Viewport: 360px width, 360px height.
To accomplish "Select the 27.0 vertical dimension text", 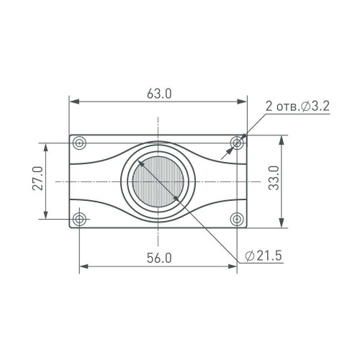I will coord(38,179).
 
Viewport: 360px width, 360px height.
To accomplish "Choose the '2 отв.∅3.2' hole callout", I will coord(297,107).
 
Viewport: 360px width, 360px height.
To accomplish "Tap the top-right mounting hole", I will coord(237,143).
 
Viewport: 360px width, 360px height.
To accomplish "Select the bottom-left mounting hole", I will coord(79,217).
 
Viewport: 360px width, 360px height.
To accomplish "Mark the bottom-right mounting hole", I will coord(237,217).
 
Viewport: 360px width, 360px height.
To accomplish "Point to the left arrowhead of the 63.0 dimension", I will coord(73,102).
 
